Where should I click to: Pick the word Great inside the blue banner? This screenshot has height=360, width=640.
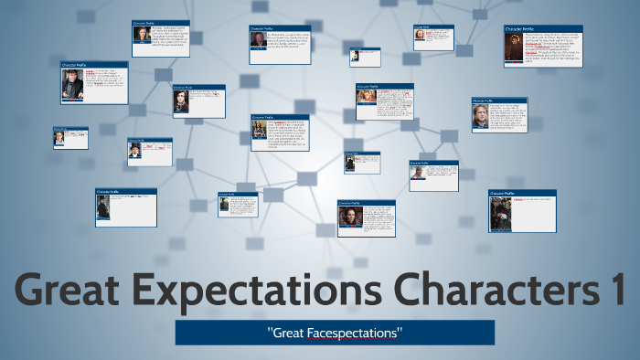click(292, 332)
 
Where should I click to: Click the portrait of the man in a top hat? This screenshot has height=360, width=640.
click(135, 150)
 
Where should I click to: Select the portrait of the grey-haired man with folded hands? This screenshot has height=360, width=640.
click(73, 83)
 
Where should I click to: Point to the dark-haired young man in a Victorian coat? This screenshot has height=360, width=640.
click(181, 101)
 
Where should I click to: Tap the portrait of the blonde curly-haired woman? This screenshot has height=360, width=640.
click(366, 98)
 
